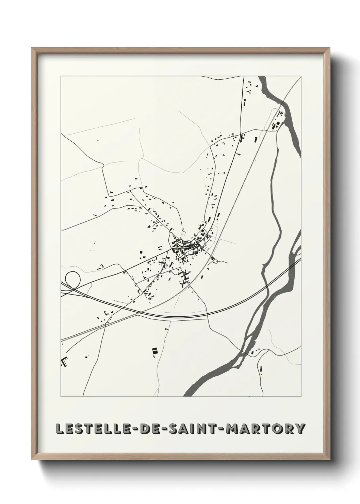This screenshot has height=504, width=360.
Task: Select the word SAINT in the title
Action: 190,428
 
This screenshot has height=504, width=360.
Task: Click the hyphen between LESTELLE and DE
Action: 130,429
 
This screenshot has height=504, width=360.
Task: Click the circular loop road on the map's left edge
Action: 72,279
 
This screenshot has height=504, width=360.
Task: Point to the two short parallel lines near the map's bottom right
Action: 261,368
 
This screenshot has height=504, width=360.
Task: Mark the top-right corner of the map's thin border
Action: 301,76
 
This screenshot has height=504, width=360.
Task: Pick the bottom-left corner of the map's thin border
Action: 61,397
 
